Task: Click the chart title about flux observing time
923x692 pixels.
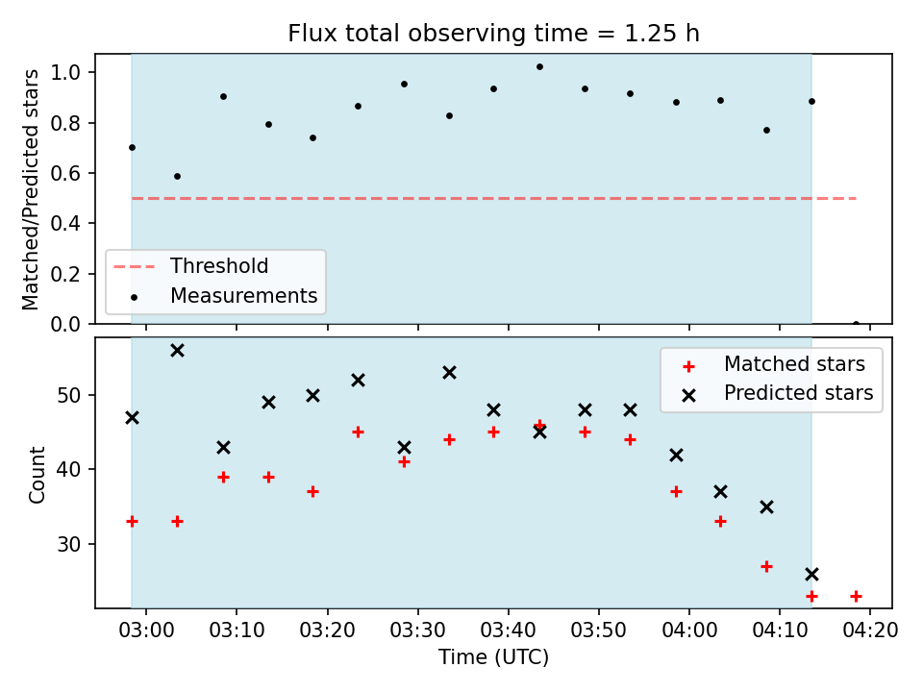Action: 493,34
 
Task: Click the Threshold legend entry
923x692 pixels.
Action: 190,266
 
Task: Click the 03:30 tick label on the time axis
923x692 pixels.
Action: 418,630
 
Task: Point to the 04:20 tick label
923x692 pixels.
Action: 870,630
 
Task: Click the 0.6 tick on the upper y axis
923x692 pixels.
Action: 64,174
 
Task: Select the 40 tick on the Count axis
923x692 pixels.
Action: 68,470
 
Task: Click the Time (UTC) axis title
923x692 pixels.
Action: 493,656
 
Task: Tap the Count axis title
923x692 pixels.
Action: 37,474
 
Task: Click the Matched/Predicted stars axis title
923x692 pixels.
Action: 30,189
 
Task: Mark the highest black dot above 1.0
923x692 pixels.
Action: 539,67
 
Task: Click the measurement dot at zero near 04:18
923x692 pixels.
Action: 856,324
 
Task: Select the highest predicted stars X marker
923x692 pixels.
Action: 177,351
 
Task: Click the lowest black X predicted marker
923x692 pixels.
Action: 811,575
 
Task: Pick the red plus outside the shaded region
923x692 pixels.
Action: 856,597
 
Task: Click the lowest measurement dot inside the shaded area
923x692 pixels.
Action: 177,177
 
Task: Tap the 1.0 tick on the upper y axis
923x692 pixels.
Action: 64,72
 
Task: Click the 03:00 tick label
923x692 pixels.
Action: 146,630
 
